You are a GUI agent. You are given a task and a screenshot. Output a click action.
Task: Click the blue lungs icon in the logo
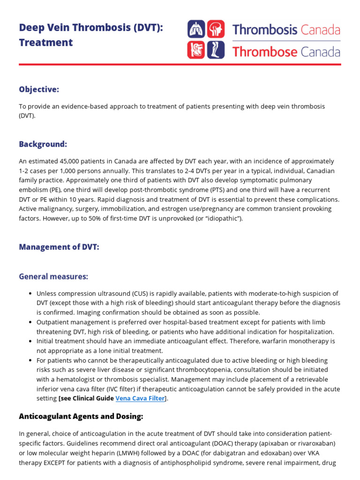[x=196, y=29]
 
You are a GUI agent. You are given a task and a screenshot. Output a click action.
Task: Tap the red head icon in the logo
[x=216, y=29]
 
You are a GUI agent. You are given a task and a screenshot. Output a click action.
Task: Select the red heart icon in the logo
[x=196, y=50]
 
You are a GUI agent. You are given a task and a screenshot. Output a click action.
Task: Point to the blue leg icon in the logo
[x=216, y=50]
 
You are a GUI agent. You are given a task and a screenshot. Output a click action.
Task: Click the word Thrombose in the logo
[x=265, y=52]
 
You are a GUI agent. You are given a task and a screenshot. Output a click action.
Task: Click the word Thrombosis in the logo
[x=265, y=30]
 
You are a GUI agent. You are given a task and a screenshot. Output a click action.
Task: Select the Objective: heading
[x=39, y=90]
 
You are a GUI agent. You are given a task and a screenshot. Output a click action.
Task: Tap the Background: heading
[x=43, y=144]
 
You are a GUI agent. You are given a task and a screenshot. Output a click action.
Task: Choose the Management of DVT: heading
[x=59, y=247]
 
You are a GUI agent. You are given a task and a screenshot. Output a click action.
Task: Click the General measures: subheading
[x=53, y=277]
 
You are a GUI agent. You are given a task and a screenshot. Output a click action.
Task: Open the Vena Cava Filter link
[x=140, y=398]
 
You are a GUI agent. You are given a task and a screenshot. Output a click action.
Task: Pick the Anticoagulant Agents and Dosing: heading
[x=81, y=416]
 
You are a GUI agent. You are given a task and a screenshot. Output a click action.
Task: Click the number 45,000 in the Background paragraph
[x=67, y=161]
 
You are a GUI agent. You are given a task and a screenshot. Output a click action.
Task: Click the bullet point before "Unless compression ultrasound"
[x=30, y=294]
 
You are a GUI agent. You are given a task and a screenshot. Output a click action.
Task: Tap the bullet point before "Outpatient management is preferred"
[x=30, y=322]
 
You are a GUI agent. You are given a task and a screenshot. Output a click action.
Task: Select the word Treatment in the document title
[x=46, y=43]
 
